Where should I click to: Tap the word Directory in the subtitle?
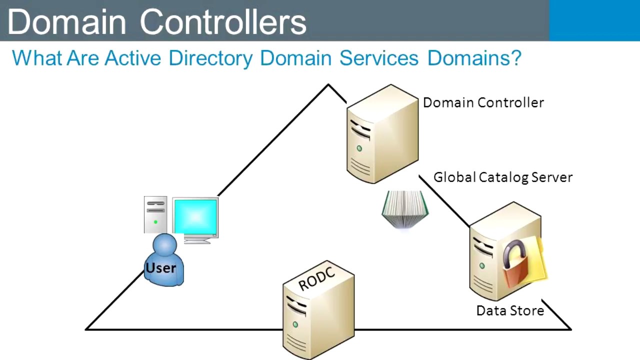(x=210, y=58)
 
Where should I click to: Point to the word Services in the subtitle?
(x=378, y=58)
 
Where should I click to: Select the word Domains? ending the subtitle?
(x=474, y=58)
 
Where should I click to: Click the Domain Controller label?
(x=483, y=102)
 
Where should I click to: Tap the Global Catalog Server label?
(x=502, y=177)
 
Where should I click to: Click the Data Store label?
(x=509, y=310)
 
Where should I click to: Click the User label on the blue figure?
(x=160, y=268)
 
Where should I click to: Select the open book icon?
(x=405, y=209)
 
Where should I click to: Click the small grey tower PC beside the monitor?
(x=155, y=214)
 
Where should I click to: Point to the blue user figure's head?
(x=164, y=245)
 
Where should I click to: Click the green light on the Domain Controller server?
(x=359, y=148)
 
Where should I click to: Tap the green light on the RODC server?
(x=295, y=325)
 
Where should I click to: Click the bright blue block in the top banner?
(x=594, y=20)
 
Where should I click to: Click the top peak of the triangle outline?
(x=328, y=85)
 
